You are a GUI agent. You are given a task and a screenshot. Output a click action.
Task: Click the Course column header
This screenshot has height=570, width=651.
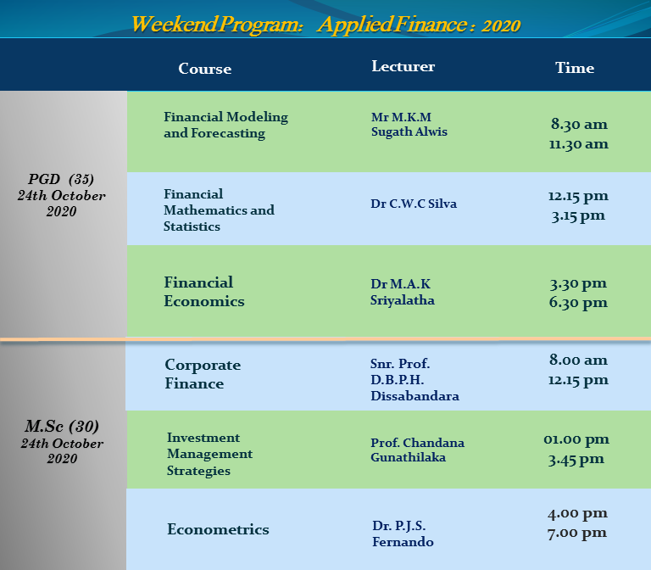(204, 69)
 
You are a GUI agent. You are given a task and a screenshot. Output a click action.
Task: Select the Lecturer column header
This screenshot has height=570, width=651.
(403, 66)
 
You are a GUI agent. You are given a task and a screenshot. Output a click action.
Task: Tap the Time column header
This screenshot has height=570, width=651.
(575, 68)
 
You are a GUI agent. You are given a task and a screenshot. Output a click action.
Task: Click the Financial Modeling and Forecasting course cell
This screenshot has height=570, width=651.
(225, 125)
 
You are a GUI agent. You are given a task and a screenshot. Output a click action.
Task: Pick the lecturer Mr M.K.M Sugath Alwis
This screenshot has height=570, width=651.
(409, 124)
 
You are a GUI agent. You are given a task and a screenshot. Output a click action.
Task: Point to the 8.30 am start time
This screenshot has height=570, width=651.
(579, 124)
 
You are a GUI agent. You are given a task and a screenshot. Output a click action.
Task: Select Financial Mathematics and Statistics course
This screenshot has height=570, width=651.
(219, 210)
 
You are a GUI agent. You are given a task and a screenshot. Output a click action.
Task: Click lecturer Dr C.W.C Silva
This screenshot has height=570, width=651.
(414, 204)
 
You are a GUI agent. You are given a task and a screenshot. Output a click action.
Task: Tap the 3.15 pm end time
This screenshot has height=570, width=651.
(578, 216)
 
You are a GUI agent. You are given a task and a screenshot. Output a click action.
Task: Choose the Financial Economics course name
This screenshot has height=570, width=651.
(203, 292)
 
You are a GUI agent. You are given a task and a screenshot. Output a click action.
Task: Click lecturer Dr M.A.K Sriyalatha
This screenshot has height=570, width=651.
(403, 292)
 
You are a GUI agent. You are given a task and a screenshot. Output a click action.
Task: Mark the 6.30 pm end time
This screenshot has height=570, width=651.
(578, 303)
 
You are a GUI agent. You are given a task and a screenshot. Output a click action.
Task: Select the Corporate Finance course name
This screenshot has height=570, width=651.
(203, 374)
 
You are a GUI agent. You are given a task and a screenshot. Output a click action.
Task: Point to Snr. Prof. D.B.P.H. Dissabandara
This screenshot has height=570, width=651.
(415, 380)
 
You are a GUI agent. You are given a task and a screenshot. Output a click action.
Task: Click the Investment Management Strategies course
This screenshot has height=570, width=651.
(209, 454)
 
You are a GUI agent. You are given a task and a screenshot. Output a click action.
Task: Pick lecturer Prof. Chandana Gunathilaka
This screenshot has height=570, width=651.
(417, 450)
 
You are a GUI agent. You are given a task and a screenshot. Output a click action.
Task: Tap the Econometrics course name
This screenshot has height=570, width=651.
(218, 529)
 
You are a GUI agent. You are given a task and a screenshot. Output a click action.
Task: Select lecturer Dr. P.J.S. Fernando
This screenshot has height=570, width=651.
(403, 534)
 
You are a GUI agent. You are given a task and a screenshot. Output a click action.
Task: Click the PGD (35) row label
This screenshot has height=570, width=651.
(61, 179)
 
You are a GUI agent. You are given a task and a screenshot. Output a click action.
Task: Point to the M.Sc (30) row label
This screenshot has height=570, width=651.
(62, 427)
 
